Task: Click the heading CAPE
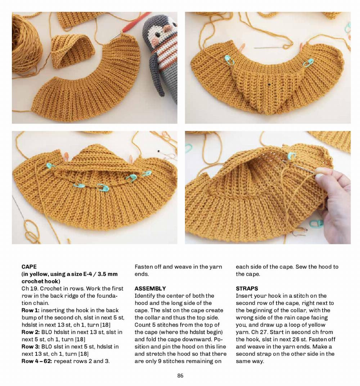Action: click(29, 267)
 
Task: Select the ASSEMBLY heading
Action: click(150, 288)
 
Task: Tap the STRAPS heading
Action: click(247, 288)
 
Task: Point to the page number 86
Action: click(180, 376)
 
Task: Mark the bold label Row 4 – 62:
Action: click(37, 361)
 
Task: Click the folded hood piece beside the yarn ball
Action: click(72, 50)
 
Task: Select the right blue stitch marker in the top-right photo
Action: click(308, 63)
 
